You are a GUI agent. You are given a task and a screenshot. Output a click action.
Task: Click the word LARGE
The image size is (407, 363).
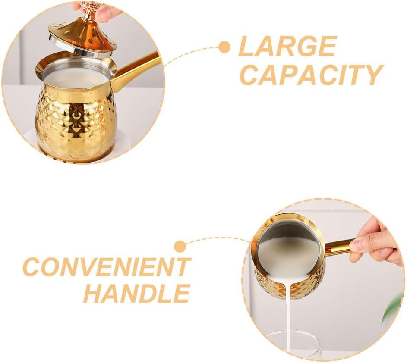pos(287,46)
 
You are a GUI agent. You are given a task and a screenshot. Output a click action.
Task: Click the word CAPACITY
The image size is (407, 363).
pos(311,75)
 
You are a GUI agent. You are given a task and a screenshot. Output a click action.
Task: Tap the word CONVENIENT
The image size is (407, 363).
pos(107,267)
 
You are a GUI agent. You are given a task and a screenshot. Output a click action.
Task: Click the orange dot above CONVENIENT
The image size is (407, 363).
pos(180,246)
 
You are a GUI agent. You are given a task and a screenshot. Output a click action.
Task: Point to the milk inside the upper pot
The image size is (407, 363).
pos(73,78)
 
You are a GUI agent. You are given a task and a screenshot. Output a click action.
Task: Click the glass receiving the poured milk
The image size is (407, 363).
pos(293,345)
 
